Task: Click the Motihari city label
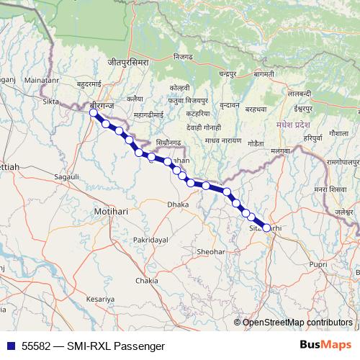click(x=110, y=212)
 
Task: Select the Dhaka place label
click(x=178, y=204)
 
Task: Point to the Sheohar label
click(x=211, y=252)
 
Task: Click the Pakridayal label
click(x=150, y=238)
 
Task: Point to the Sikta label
click(x=50, y=102)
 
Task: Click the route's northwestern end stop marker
click(x=93, y=112)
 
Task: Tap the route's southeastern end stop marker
click(x=267, y=228)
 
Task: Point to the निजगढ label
click(x=183, y=56)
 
